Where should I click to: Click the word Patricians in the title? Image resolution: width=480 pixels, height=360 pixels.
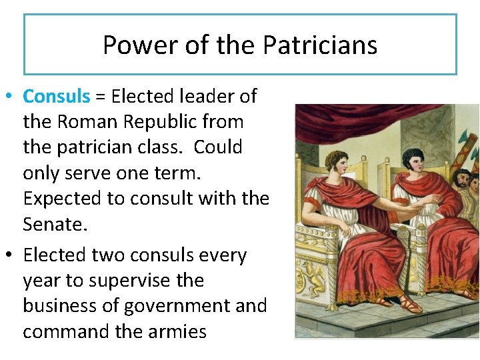(x=320, y=45)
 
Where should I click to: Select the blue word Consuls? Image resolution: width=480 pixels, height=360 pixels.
(x=56, y=97)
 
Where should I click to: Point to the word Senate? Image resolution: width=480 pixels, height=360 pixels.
(x=54, y=224)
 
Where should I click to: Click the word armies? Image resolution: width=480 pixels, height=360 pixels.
(x=174, y=331)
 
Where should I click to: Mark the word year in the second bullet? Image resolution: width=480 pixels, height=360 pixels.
(x=41, y=281)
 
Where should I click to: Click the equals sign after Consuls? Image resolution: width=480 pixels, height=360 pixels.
(x=100, y=97)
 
